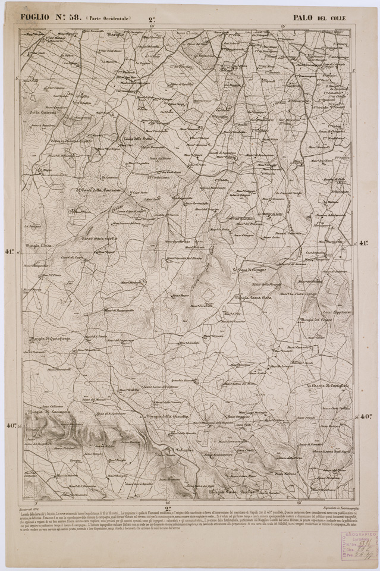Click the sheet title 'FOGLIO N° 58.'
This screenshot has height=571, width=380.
point(50,17)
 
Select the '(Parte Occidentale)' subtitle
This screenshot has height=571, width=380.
point(108,18)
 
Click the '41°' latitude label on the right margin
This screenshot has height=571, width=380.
point(364,243)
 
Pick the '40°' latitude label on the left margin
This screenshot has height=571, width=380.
point(11,425)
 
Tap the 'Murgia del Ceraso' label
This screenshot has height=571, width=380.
point(319,320)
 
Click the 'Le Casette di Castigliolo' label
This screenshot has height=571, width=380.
point(331,387)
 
